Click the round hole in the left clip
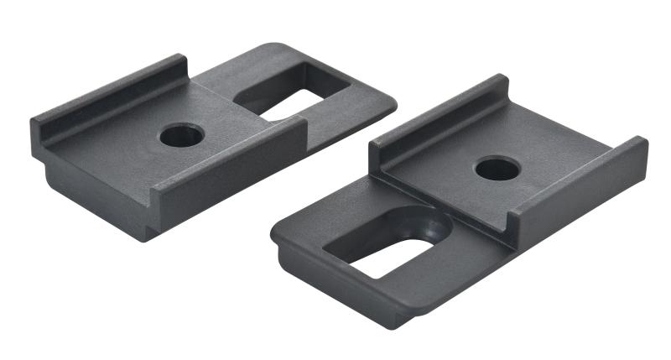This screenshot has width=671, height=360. (181, 134)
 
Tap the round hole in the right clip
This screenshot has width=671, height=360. (497, 168)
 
